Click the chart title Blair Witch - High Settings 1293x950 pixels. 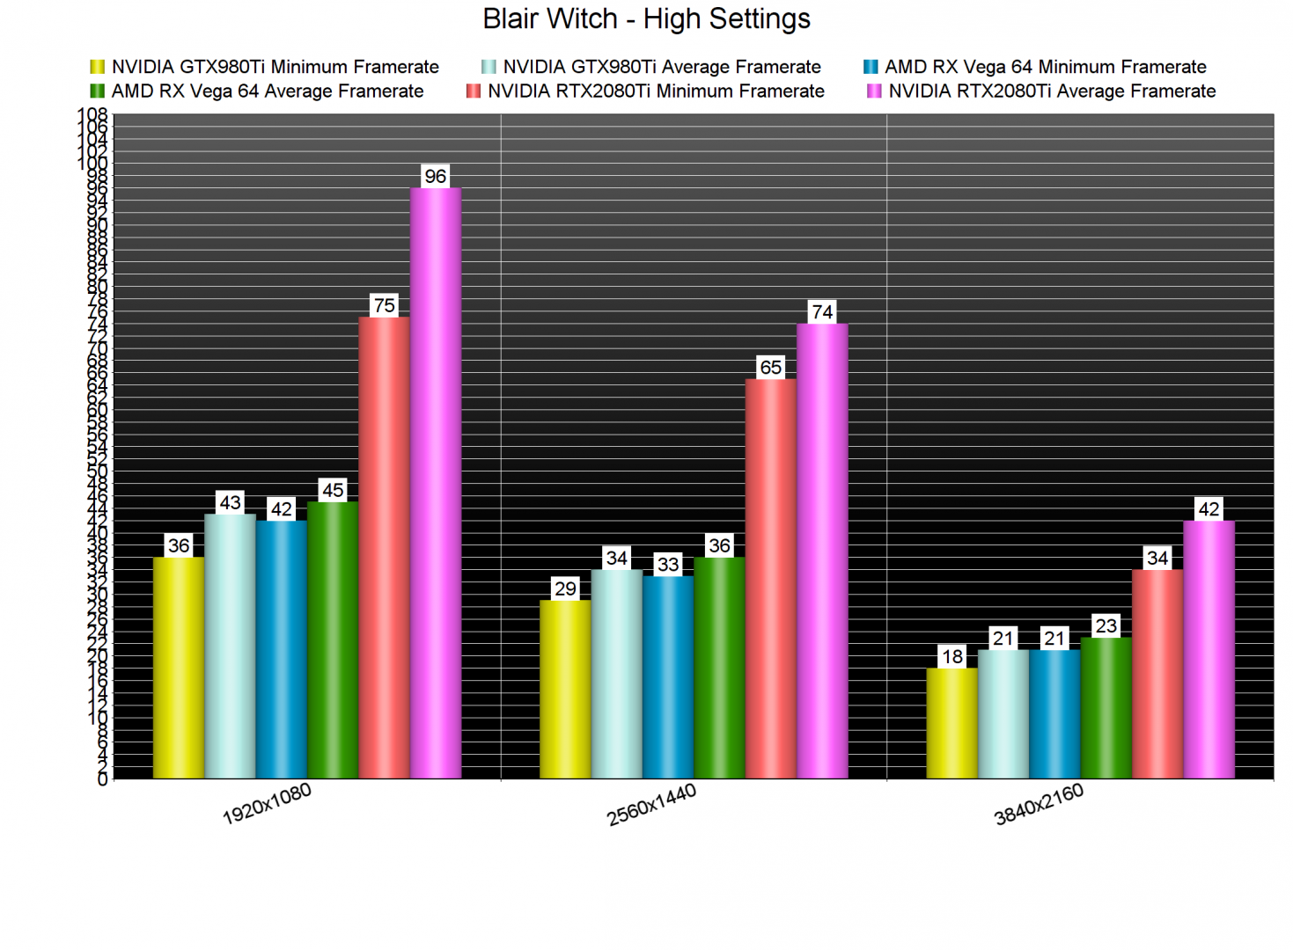[646, 19]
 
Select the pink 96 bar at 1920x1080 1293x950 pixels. [436, 484]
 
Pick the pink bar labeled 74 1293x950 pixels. [822, 551]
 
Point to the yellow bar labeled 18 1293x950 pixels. [951, 723]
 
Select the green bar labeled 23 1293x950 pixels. [1106, 708]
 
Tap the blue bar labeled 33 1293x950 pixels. [668, 677]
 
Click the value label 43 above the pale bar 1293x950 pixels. [230, 502]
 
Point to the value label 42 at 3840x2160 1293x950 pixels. [1209, 509]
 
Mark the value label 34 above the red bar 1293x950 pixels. [1157, 558]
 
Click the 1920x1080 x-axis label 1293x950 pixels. [267, 804]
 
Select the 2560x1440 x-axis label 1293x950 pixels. [651, 804]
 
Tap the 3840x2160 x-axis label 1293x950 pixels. [1039, 804]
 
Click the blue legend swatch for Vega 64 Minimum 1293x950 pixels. [871, 67]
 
